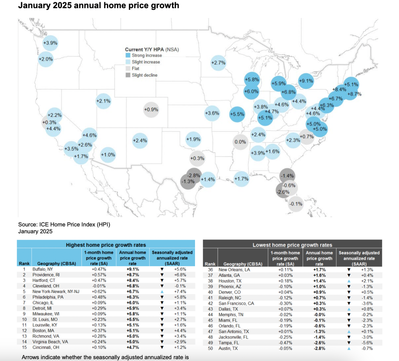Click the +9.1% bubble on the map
click(306, 81)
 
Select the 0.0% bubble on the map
click(240, 142)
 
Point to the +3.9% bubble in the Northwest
click(50, 43)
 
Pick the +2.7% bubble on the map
click(218, 62)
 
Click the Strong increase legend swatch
click(128, 56)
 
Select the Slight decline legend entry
click(143, 75)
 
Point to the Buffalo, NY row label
click(43, 269)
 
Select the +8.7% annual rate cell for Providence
click(133, 274)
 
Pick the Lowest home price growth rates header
click(292, 245)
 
